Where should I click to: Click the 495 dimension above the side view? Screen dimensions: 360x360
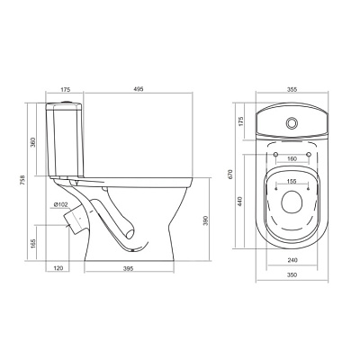coord(139,89)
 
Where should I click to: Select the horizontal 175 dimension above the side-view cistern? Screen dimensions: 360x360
coord(65,89)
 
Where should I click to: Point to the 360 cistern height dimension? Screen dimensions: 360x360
coord(32,142)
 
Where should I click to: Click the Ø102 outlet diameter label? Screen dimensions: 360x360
coord(61,204)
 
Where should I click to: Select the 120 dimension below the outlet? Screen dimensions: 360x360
coord(58,268)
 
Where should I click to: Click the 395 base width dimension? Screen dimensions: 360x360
coord(128,268)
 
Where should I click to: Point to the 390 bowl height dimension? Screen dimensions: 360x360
coord(206,220)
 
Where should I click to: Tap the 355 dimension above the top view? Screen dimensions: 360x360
coord(292,89)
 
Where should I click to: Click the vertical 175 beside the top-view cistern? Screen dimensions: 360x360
coord(242,121)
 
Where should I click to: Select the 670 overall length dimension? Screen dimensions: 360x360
coord(230,175)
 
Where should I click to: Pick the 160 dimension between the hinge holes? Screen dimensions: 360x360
coord(292,158)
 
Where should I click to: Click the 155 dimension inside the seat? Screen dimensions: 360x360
coord(292,181)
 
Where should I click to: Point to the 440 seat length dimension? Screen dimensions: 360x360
coord(239,201)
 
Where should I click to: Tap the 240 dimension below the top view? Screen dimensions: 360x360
coord(292,260)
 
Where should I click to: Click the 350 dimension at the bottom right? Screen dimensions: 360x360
coord(292,274)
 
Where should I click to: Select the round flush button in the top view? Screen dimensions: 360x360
coord(292,122)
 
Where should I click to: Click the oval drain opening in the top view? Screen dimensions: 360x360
coord(292,202)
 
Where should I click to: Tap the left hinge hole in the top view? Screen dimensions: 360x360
coord(275,154)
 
